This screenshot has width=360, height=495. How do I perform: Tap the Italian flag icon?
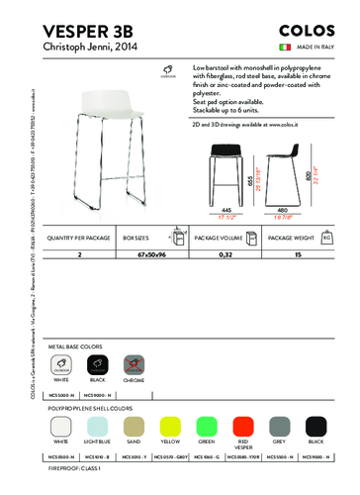click(283, 47)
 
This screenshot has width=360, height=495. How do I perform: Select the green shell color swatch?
click(207, 427)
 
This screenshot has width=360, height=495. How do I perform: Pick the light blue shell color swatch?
click(98, 427)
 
